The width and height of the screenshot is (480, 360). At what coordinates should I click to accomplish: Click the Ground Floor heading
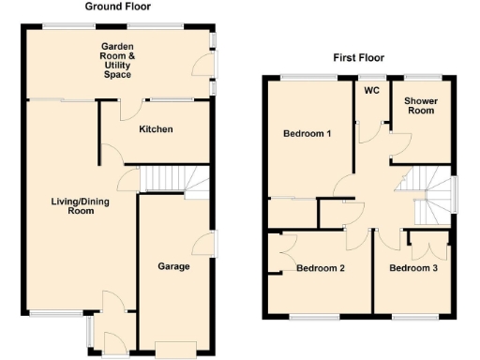tap(114, 7)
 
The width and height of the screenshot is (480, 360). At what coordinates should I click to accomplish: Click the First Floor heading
tap(355, 58)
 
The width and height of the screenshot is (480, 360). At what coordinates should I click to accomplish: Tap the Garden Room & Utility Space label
tap(119, 58)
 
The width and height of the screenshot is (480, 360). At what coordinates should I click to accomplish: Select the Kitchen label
tap(156, 128)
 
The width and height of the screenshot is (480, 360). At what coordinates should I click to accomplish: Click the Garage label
tap(174, 267)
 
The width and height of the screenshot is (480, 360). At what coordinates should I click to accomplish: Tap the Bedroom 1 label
tap(307, 134)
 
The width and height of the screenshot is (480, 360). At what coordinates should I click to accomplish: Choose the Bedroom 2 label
tap(321, 269)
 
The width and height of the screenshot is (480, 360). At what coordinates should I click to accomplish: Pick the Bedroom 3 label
tap(413, 269)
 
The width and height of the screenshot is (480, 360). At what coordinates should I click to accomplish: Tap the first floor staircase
tap(427, 193)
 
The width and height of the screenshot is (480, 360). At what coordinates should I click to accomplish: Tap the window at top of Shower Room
tap(423, 75)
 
